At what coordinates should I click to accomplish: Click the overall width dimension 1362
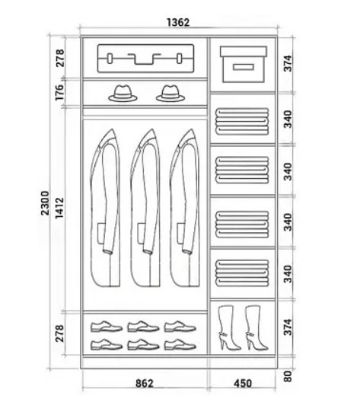178,23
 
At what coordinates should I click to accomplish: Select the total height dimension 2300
45,203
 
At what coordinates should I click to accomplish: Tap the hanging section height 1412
59,208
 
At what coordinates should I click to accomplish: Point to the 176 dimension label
59,92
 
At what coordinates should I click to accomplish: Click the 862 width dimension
144,384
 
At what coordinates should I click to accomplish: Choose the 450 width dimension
243,384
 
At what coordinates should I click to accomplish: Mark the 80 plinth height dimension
288,377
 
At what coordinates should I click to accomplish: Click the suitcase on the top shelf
146,58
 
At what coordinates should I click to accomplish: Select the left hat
123,93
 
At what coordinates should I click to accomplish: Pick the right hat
170,93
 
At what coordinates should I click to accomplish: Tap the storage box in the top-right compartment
244,65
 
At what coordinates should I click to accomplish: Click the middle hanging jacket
145,208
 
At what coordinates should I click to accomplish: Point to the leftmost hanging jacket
105,208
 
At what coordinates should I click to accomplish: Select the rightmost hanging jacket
185,208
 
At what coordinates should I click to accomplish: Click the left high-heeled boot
228,328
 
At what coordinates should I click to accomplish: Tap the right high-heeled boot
256,328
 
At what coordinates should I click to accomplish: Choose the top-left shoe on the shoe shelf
107,327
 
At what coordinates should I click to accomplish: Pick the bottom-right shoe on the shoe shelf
180,345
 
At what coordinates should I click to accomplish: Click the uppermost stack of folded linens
242,122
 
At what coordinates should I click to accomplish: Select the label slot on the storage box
244,67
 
